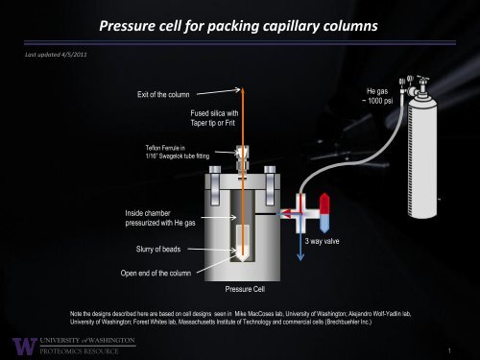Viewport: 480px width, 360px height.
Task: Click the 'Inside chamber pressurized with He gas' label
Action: [160, 216]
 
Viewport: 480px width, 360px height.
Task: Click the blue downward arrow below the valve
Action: [298, 252]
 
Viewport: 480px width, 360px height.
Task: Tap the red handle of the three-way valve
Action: [324, 204]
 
